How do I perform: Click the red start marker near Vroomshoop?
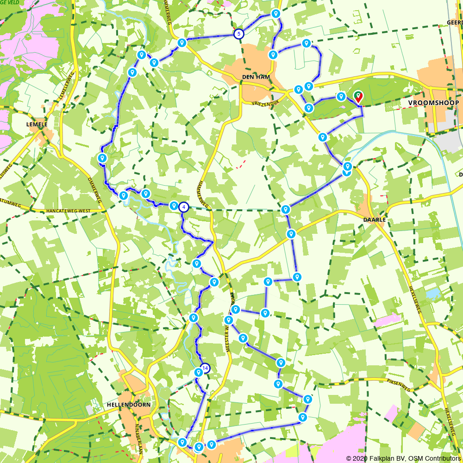pos(358,97)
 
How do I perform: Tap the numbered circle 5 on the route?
pos(238,34)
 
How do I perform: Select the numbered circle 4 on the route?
pos(184,207)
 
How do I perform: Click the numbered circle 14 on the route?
pos(205,369)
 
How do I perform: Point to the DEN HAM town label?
pos(252,77)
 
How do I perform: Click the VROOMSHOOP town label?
pos(434,102)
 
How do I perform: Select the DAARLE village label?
pos(375,219)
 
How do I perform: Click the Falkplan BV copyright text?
pos(403,458)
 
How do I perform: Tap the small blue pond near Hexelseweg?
pos(434,293)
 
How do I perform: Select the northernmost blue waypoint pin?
pos(276,14)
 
